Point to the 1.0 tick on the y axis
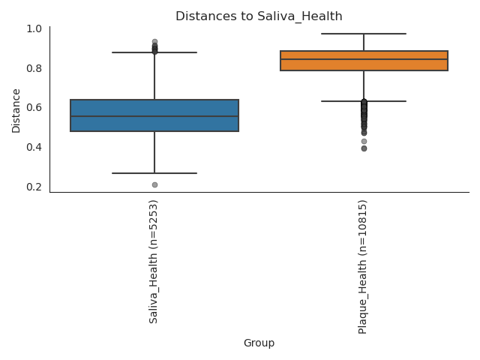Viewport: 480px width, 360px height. (x=34, y=28)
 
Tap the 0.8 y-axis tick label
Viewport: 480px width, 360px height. (x=34, y=68)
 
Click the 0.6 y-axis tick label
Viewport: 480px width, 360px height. (x=34, y=107)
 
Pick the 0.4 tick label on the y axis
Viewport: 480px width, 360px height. (x=34, y=147)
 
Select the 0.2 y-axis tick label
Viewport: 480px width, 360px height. (x=34, y=187)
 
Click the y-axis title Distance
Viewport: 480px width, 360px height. (x=16, y=109)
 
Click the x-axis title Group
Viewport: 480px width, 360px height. (x=259, y=343)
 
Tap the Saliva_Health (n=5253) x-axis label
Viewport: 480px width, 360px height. (x=154, y=261)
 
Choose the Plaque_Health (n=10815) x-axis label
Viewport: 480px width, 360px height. (x=363, y=266)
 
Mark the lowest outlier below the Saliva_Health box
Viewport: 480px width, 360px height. (x=154, y=184)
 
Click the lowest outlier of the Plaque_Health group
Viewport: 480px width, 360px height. (x=364, y=148)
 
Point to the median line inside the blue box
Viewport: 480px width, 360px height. (x=154, y=116)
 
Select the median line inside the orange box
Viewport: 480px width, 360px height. (x=364, y=59)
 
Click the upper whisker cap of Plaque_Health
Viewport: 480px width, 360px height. (x=364, y=34)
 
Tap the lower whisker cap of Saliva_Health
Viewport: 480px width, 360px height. (x=154, y=173)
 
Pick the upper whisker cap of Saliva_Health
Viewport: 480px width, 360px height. (x=154, y=52)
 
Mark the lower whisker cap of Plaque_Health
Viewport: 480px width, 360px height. (x=364, y=101)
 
